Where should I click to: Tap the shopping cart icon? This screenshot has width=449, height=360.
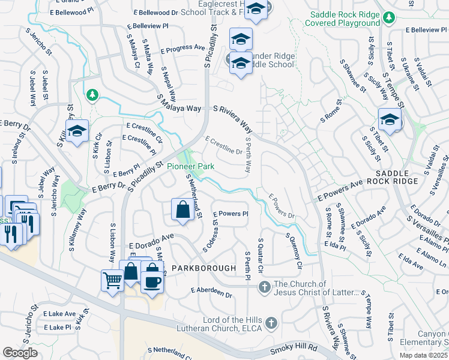[x=112, y=278]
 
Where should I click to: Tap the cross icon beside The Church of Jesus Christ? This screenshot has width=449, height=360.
[x=265, y=288]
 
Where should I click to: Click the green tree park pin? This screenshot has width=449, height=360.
[x=91, y=95]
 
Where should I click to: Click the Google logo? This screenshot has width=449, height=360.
[x=20, y=353]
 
